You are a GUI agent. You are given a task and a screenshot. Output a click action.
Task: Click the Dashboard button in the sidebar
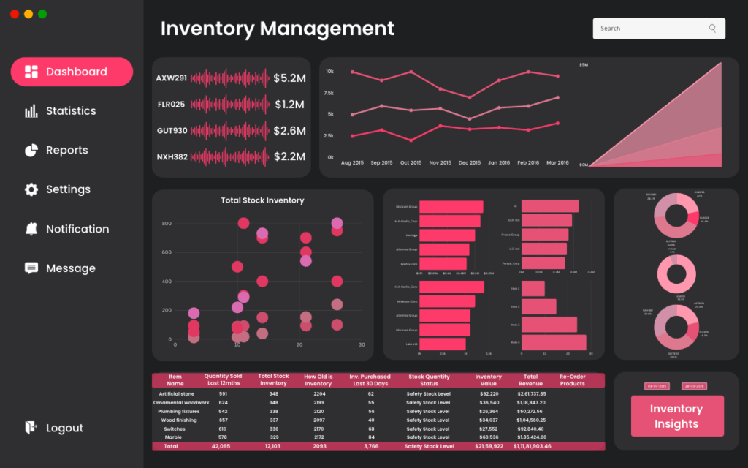[72, 72]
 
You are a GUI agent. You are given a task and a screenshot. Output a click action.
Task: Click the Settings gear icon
[31, 189]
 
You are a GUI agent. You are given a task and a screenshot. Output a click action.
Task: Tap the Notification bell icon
[31, 229]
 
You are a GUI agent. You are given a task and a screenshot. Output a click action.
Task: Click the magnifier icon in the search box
[712, 29]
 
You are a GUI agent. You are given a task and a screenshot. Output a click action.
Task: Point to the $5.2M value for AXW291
[289, 78]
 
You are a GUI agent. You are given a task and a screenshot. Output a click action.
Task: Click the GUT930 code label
[172, 131]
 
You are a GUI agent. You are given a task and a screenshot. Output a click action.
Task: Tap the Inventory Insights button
[676, 416]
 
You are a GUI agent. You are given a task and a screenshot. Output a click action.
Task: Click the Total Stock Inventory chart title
[262, 200]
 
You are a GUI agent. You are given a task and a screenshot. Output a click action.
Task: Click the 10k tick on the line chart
[330, 72]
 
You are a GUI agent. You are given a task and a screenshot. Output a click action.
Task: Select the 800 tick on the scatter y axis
[167, 224]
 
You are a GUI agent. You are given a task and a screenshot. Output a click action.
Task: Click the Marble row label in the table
[175, 437]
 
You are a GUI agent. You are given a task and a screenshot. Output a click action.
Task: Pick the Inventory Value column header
[489, 380]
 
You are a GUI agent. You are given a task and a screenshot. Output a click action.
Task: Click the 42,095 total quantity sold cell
[221, 446]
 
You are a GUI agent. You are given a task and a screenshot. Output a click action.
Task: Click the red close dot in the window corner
[15, 14]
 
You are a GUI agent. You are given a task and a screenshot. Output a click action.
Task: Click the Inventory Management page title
[278, 29]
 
